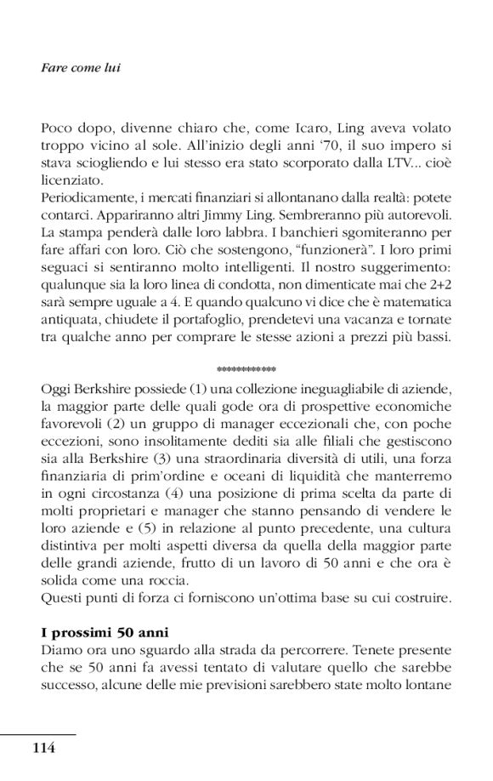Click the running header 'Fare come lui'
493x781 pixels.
81,67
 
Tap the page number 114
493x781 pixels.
43,748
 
